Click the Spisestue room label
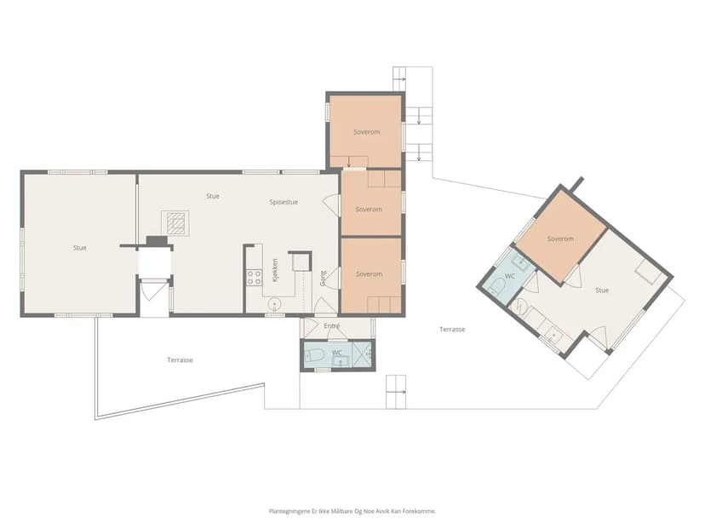284,203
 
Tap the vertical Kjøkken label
275,270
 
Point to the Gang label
323,278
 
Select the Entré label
332,325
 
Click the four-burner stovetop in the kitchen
254,277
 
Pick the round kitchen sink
274,304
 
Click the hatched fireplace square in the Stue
175,223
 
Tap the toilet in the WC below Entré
315,356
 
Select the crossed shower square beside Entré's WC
362,354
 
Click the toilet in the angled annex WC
497,286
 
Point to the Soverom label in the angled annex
560,239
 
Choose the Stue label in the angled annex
602,290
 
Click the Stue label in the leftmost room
80,248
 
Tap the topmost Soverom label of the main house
367,132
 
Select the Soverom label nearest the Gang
370,274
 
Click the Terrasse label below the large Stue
181,359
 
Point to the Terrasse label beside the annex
452,330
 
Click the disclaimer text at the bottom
352,511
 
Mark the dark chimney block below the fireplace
157,241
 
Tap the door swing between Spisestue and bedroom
331,204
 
